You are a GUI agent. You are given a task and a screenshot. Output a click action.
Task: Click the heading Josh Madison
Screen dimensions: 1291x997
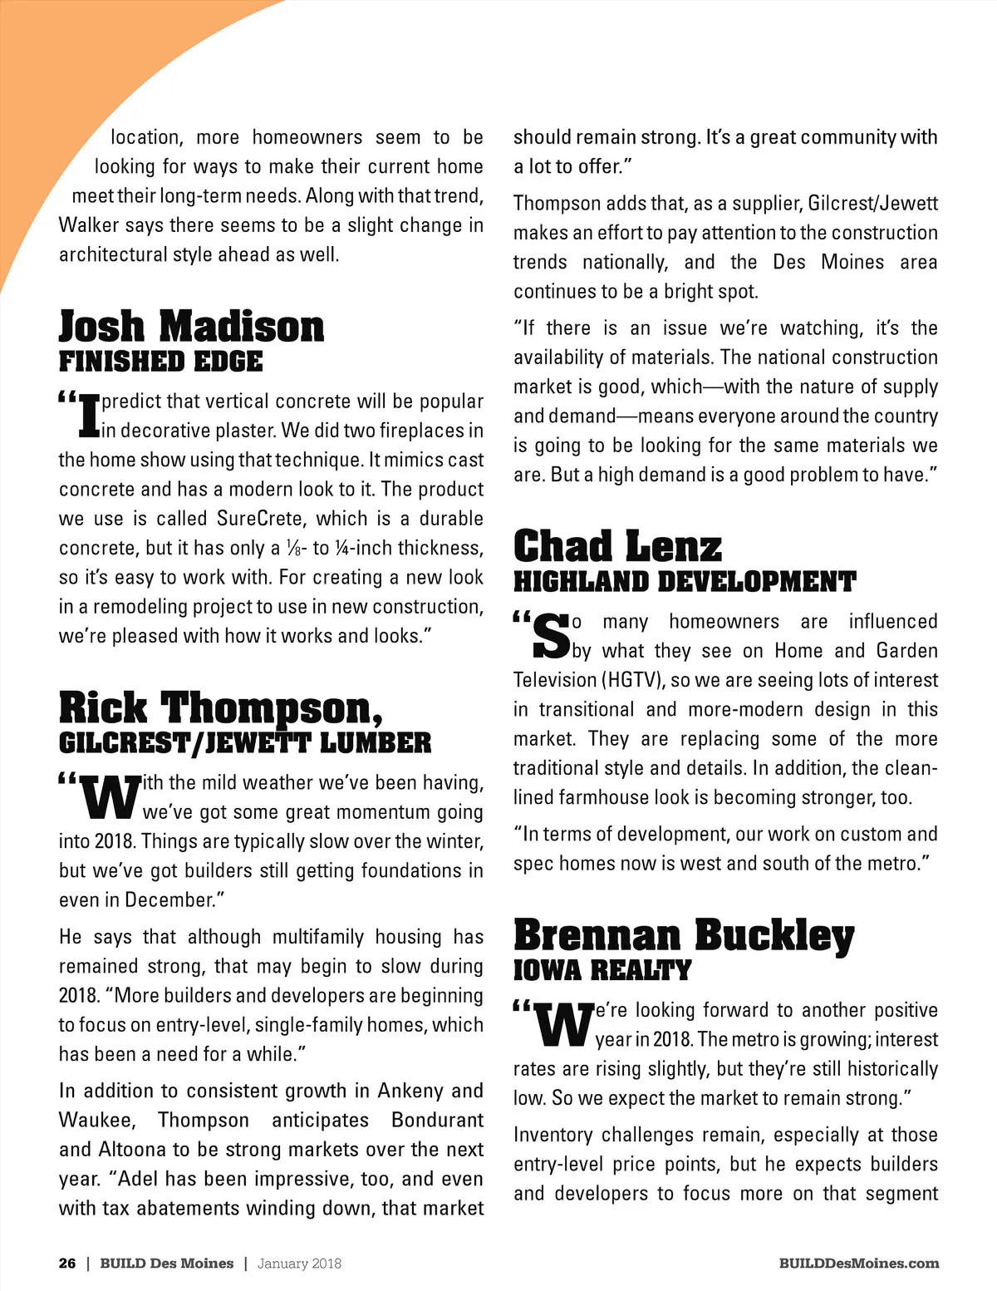click(x=191, y=326)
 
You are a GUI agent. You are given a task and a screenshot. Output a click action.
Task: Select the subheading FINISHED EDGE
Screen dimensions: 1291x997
click(x=160, y=362)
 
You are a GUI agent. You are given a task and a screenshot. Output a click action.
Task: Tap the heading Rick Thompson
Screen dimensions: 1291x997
click(x=221, y=708)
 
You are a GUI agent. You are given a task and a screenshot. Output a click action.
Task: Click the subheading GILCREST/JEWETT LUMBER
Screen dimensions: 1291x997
click(x=245, y=742)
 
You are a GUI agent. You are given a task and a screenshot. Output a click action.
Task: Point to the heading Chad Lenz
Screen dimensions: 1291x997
click(x=617, y=546)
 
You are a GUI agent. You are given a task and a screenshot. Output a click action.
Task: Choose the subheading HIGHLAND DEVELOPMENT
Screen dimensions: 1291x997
click(x=684, y=581)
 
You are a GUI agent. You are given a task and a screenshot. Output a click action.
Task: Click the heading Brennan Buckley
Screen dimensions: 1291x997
click(x=684, y=935)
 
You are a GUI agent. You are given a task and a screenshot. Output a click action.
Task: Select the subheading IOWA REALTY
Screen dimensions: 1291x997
click(x=602, y=969)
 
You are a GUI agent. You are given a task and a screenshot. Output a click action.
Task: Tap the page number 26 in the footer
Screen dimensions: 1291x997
click(x=67, y=1264)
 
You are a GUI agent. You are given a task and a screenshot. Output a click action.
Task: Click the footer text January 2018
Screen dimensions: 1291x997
click(x=299, y=1264)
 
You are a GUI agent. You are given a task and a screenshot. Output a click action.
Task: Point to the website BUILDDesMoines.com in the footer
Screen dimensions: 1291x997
click(x=859, y=1264)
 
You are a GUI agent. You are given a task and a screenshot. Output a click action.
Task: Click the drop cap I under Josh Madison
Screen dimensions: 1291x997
click(x=88, y=416)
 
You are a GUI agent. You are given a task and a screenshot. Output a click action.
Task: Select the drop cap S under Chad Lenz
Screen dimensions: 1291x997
click(x=551, y=637)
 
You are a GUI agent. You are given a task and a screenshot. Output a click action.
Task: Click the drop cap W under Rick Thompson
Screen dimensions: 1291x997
click(x=110, y=797)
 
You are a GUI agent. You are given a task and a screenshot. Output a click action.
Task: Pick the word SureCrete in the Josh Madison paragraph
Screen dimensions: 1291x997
click(x=259, y=519)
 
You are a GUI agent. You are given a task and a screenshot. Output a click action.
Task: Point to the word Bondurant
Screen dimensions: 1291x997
click(x=437, y=1120)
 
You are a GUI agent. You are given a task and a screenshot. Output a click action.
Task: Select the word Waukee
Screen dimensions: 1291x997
click(x=97, y=1120)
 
